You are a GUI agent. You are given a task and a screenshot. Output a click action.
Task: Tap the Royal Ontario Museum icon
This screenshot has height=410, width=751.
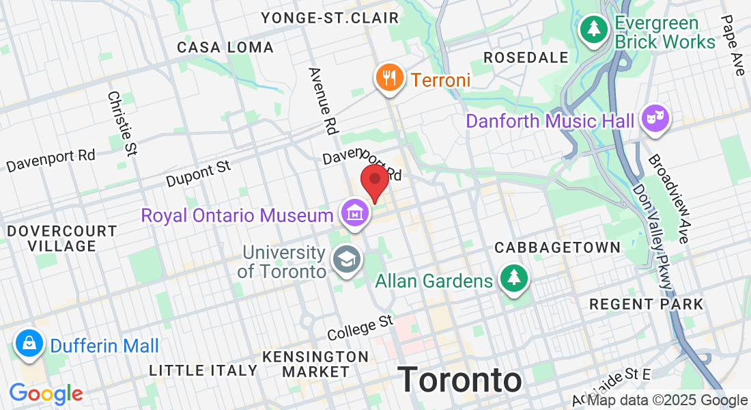355,213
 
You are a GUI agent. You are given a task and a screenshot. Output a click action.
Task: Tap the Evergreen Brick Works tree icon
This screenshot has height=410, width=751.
594,29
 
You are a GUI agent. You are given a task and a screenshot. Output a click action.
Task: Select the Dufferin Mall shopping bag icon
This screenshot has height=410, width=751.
29,344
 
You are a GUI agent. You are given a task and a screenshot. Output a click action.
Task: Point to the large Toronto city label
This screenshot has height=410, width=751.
459,379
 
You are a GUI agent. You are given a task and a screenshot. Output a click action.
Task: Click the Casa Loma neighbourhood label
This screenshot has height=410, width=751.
225,47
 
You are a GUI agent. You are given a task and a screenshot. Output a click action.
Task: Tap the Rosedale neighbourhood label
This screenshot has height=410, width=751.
526,57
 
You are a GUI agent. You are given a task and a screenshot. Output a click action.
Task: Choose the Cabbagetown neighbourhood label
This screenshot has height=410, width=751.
557,247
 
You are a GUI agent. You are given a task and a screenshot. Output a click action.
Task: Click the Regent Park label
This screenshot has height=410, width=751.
645,304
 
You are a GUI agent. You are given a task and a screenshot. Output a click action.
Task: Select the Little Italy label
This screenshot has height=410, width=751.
203,370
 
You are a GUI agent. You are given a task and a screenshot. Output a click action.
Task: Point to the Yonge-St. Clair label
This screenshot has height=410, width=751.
330,18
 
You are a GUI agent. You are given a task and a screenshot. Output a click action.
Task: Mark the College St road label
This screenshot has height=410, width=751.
360,327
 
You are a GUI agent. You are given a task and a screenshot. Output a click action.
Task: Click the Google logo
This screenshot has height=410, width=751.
46,394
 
